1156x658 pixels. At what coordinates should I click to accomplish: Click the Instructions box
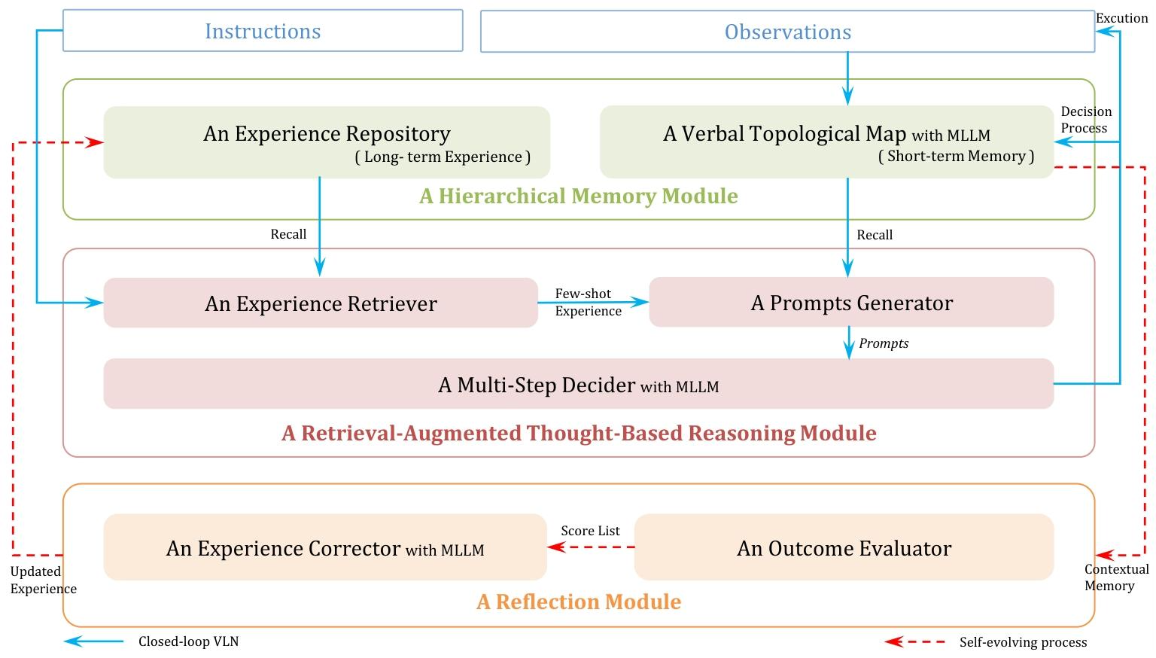coord(263,31)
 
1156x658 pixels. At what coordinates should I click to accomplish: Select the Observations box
coord(787,32)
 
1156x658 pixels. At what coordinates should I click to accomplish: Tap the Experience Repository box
coord(327,142)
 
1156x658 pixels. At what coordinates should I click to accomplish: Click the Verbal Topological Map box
coord(826,142)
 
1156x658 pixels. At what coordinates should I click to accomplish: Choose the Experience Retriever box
coord(321,303)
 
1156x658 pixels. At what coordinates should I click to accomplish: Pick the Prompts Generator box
coord(851,303)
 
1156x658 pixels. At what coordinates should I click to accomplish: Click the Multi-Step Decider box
coord(578,384)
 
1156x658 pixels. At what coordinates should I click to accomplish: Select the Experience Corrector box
coord(325,547)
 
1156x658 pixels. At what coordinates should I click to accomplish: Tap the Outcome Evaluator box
coord(844,547)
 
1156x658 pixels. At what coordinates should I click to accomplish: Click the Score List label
coord(590,531)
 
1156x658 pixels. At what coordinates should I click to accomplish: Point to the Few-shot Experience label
coord(588,303)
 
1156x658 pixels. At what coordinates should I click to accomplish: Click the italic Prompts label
coord(884,343)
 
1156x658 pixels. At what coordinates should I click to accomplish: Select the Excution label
coord(1121,18)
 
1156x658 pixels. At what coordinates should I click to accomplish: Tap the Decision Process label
coord(1085,120)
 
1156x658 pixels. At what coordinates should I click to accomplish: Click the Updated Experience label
coord(43,580)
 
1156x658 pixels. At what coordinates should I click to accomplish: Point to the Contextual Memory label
coord(1116,577)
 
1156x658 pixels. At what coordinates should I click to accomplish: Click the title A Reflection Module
coord(579,602)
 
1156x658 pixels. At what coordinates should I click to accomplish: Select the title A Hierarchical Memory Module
coord(578,196)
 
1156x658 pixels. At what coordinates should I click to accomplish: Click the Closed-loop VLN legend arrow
coord(93,641)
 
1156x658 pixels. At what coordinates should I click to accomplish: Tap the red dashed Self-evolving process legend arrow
coord(914,641)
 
